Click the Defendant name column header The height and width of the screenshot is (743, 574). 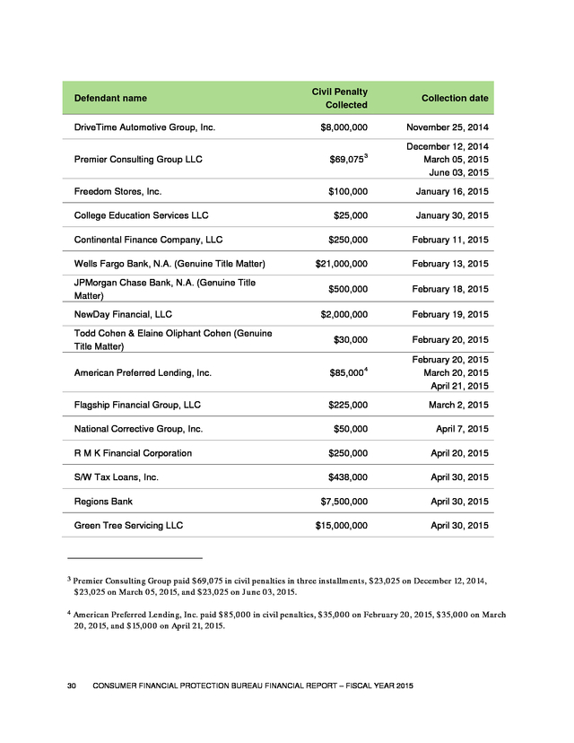[110, 98]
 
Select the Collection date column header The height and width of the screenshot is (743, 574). [455, 98]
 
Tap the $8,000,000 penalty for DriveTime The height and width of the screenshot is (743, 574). [344, 127]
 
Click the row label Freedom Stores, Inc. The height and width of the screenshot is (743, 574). [117, 191]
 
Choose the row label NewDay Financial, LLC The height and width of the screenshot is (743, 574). [123, 315]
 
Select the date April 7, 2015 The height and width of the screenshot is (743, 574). [459, 429]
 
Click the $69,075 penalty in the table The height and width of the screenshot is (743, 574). [347, 161]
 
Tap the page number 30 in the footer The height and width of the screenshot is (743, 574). [74, 686]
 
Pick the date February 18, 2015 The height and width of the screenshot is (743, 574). [447, 289]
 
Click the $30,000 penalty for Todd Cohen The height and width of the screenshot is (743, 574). [350, 340]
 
